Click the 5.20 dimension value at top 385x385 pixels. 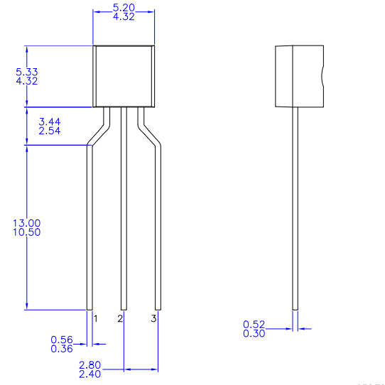coord(124,6)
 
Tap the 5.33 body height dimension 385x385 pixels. coord(26,72)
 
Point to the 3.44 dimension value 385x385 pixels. coord(49,123)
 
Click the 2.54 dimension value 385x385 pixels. coord(49,132)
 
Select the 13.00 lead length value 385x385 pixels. coord(26,223)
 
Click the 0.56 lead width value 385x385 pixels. coord(62,340)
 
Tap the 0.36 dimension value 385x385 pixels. coord(62,349)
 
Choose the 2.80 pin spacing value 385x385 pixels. coord(90,364)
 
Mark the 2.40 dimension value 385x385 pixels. coord(90,374)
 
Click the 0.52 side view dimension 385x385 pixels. coord(254,324)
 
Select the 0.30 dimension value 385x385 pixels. coord(254,333)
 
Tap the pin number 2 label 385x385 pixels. coord(120,318)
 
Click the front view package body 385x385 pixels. coord(124,75)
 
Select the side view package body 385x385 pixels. coord(299,75)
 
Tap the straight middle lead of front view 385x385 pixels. coord(124,213)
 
